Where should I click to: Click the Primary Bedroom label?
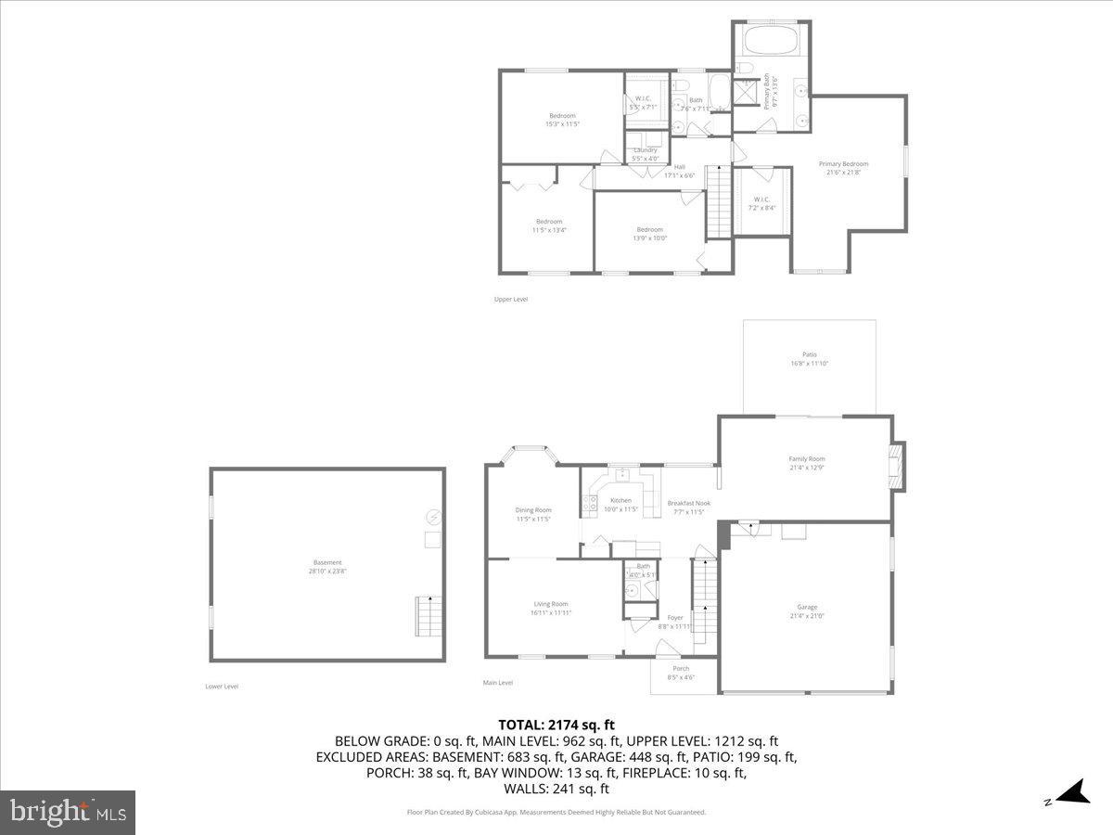[843, 164]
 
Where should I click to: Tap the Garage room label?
[807, 607]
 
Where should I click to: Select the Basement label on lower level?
[326, 562]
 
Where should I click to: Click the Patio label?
[810, 354]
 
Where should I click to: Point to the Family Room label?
[806, 459]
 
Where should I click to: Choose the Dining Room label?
[533, 509]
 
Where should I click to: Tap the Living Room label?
[550, 604]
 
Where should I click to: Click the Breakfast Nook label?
[688, 503]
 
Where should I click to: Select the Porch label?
[681, 668]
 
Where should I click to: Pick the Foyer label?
[675, 618]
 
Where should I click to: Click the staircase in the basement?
[427, 616]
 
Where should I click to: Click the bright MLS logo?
[68, 813]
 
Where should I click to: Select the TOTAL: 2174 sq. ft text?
[556, 725]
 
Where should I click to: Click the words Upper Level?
[511, 299]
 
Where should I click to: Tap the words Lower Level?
[222, 687]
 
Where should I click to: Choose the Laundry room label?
[646, 150]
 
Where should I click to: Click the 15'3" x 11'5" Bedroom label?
[562, 116]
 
